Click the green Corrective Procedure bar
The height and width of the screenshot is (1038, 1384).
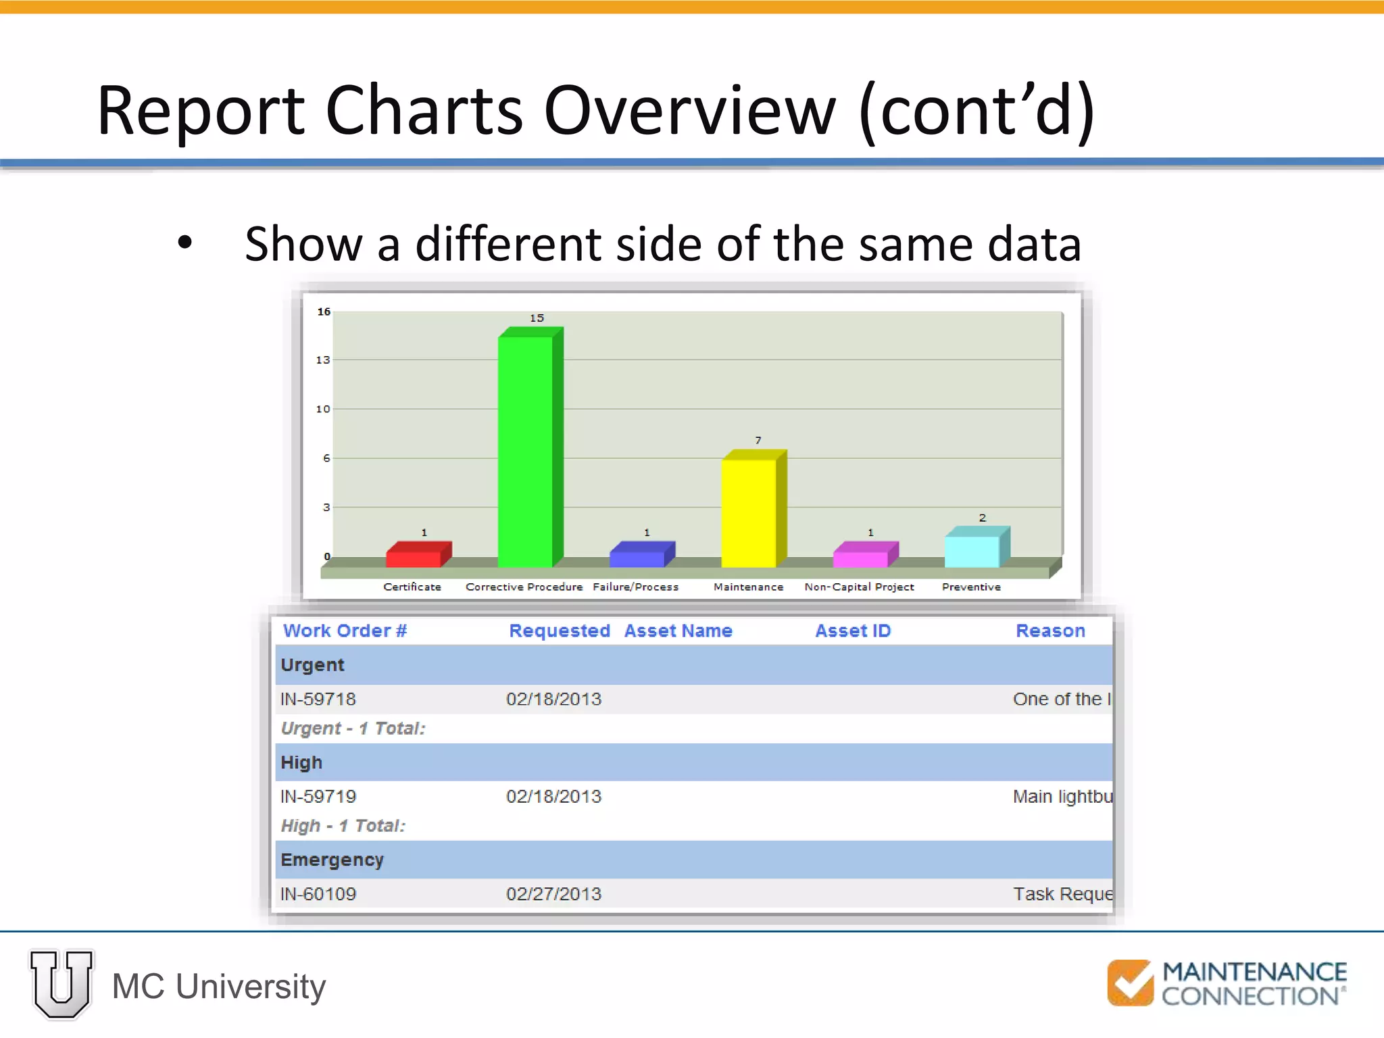pos(526,449)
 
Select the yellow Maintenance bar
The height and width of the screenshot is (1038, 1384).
pos(749,512)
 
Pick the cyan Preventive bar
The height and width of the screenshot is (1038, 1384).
pos(972,551)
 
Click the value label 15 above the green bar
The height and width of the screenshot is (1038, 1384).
pos(537,318)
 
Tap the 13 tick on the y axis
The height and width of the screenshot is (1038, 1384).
pos(323,360)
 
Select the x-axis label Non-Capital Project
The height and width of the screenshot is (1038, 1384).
pos(859,587)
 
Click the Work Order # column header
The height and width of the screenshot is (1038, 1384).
pos(345,631)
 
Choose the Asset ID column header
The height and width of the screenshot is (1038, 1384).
pos(853,631)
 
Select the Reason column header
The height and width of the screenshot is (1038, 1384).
pos(1050,631)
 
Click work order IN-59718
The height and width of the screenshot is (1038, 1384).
pos(318,699)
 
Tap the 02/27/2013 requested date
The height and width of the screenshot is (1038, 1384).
pos(553,894)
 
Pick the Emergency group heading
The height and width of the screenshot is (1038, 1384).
pos(332,860)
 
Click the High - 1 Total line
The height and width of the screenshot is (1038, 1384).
pos(343,826)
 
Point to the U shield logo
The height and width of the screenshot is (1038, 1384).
pos(61,985)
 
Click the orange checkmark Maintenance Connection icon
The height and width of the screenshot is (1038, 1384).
pos(1130,983)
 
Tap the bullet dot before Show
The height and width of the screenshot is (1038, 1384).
pos(184,243)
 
